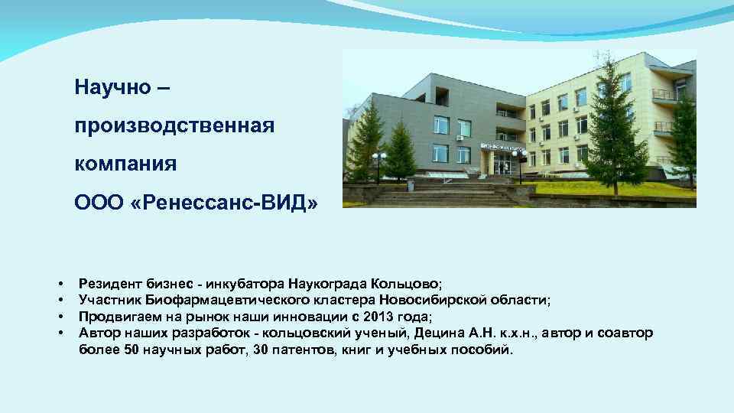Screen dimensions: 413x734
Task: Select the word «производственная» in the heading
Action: point(174,125)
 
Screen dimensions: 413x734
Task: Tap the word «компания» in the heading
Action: point(125,164)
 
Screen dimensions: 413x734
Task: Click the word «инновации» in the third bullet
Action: point(311,317)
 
